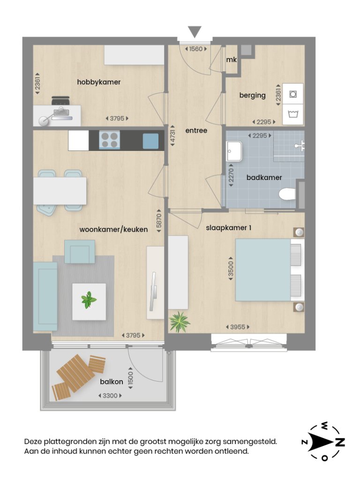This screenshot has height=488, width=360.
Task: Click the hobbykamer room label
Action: coord(98,82)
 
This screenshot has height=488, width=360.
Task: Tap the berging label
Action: coord(252,95)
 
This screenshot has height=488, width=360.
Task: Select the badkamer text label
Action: coord(264,177)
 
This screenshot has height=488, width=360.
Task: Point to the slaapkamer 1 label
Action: coord(229,228)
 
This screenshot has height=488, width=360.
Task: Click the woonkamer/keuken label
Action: coord(113,229)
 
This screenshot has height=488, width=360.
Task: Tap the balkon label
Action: coord(112,382)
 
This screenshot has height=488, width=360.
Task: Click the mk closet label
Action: coord(231,60)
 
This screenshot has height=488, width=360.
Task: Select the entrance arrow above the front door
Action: coord(195,32)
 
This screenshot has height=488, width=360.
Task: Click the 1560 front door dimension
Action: coord(195,48)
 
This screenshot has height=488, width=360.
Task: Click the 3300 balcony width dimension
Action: coord(110,396)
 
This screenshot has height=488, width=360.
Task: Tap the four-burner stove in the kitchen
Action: coord(109,140)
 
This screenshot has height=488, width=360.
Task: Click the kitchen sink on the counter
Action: coord(150,141)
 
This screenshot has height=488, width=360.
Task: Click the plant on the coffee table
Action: coord(89,300)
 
